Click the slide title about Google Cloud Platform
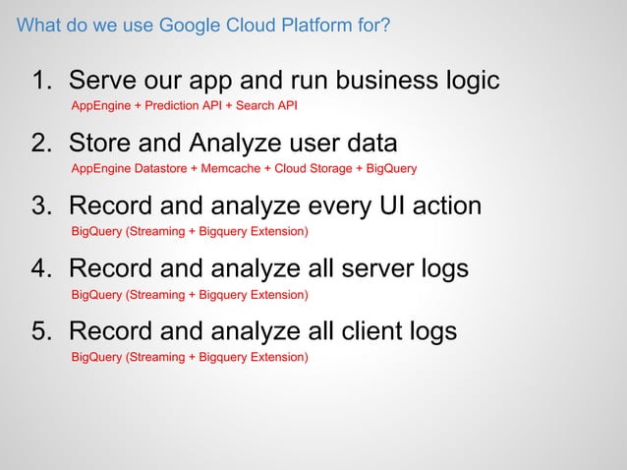tap(203, 24)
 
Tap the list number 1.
tap(42, 81)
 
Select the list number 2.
tap(42, 144)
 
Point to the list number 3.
tap(42, 206)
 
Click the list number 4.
tap(42, 269)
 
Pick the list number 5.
tap(42, 332)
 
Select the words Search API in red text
tap(265, 105)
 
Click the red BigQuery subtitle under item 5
tap(190, 357)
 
